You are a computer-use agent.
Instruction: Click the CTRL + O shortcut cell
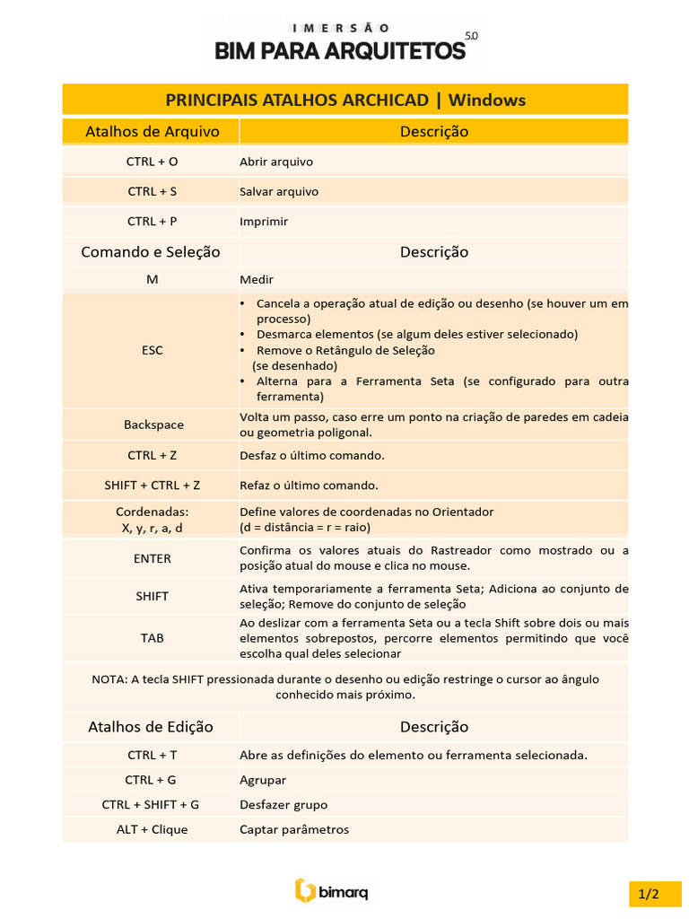[152, 162]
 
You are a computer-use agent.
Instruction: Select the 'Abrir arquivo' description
[276, 162]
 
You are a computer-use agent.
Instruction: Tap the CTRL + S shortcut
[152, 191]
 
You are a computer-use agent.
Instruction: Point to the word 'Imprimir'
[264, 221]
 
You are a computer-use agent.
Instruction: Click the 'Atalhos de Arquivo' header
[152, 131]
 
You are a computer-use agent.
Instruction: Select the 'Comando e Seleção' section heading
[151, 251]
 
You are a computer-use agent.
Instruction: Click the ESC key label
[153, 350]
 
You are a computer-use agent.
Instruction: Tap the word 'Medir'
[257, 279]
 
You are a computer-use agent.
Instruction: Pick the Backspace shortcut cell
[153, 424]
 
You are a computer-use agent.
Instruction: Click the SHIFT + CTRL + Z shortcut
[152, 486]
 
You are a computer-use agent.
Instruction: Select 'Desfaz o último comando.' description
[312, 455]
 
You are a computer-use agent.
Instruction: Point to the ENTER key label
[153, 558]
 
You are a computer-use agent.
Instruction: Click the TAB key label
[153, 638]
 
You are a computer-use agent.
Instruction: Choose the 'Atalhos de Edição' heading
[151, 726]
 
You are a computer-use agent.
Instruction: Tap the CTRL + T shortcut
[152, 755]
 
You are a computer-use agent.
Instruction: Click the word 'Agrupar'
[263, 780]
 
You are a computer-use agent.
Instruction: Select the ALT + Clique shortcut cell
[152, 829]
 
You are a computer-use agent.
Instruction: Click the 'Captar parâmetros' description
[294, 829]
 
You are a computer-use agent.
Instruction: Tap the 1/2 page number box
[649, 894]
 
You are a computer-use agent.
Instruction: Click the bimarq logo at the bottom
[332, 890]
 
